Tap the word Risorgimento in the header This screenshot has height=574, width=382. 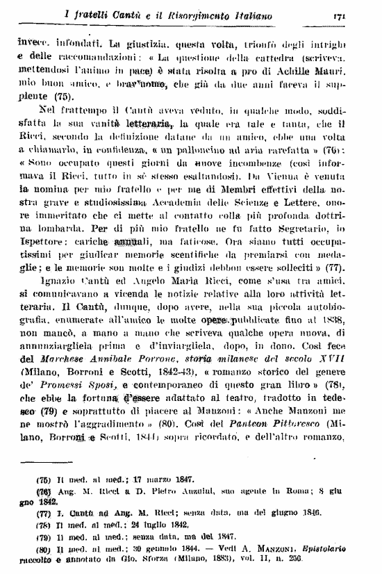tap(189, 15)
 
